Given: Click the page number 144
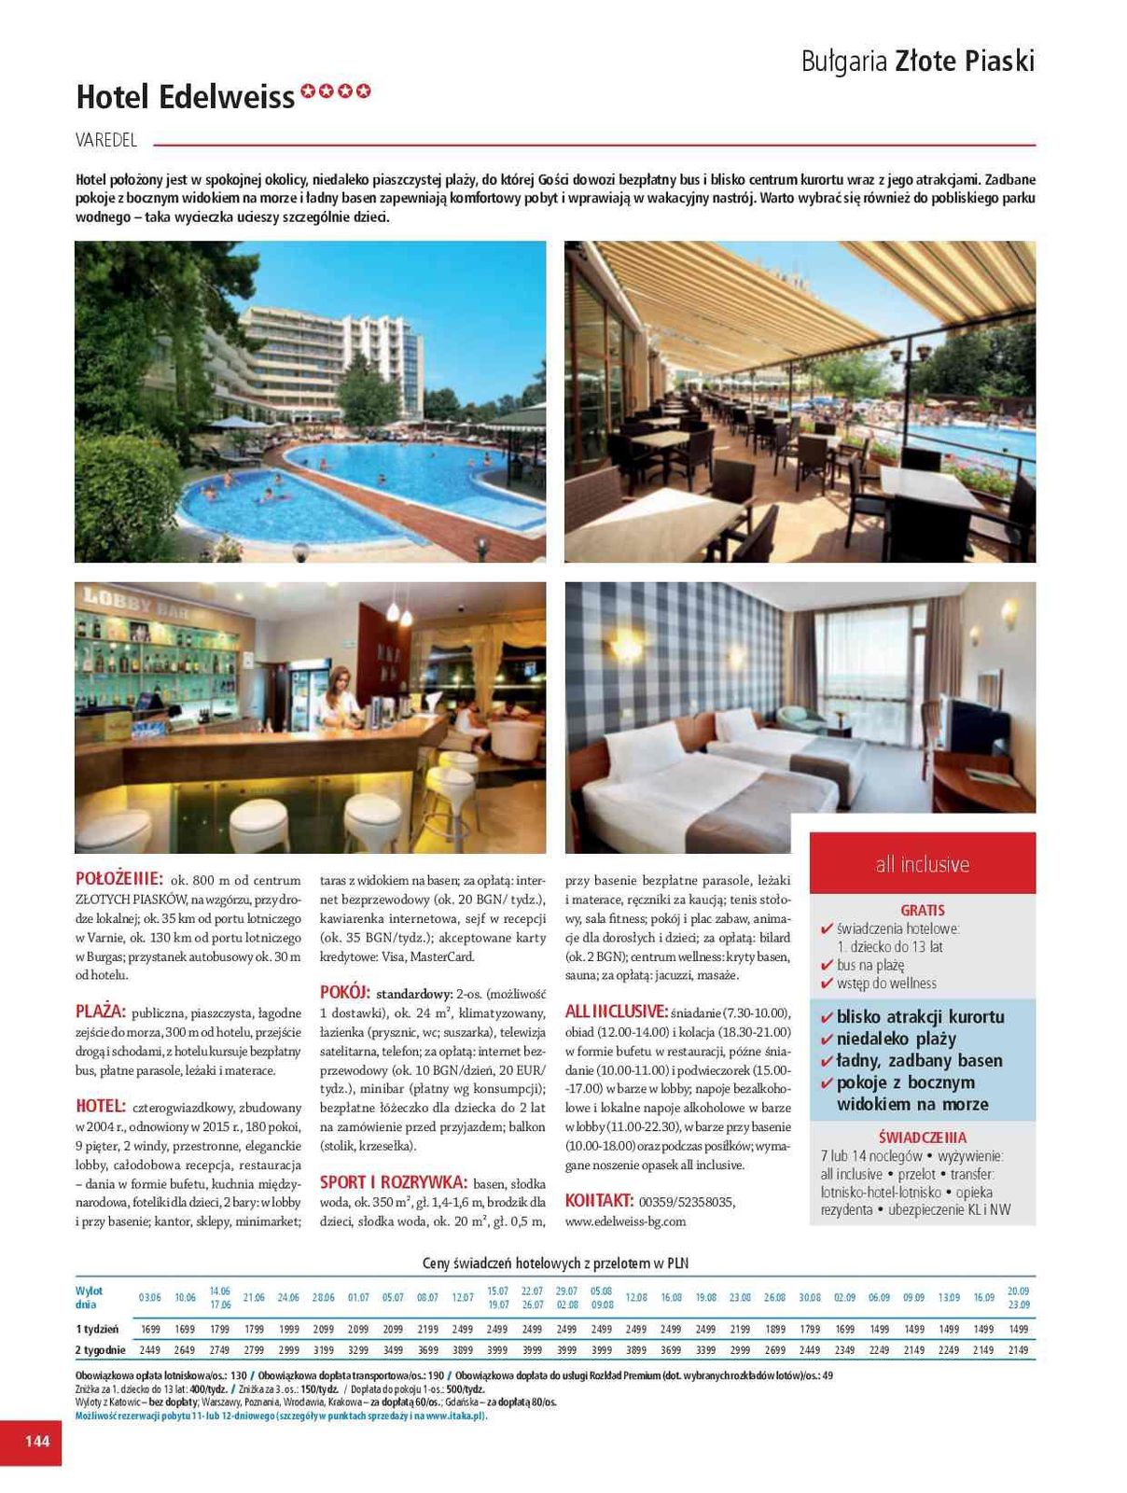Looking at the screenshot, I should [x=36, y=1441].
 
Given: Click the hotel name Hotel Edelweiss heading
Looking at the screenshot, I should [x=185, y=96].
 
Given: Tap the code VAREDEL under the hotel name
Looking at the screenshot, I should [x=106, y=140].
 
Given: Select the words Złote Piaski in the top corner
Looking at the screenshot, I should [x=965, y=62].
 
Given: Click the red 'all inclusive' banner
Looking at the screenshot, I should [x=922, y=864].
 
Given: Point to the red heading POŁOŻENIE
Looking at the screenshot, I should [x=119, y=879].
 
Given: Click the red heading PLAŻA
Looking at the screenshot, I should [x=100, y=1012].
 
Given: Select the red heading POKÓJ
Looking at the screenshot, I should [x=345, y=992].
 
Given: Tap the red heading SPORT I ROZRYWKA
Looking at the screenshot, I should [x=393, y=1181].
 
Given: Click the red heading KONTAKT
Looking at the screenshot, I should [x=599, y=1201].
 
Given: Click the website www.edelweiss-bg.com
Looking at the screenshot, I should [x=625, y=1221].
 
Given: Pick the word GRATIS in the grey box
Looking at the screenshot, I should [x=922, y=910].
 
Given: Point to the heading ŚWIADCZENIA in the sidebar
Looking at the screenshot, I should [x=922, y=1137].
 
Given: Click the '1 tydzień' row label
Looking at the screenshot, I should [x=97, y=1329].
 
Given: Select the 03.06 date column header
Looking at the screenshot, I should [x=149, y=1298].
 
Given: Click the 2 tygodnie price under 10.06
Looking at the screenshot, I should [x=185, y=1350].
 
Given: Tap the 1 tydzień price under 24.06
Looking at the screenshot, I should [x=288, y=1329].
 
